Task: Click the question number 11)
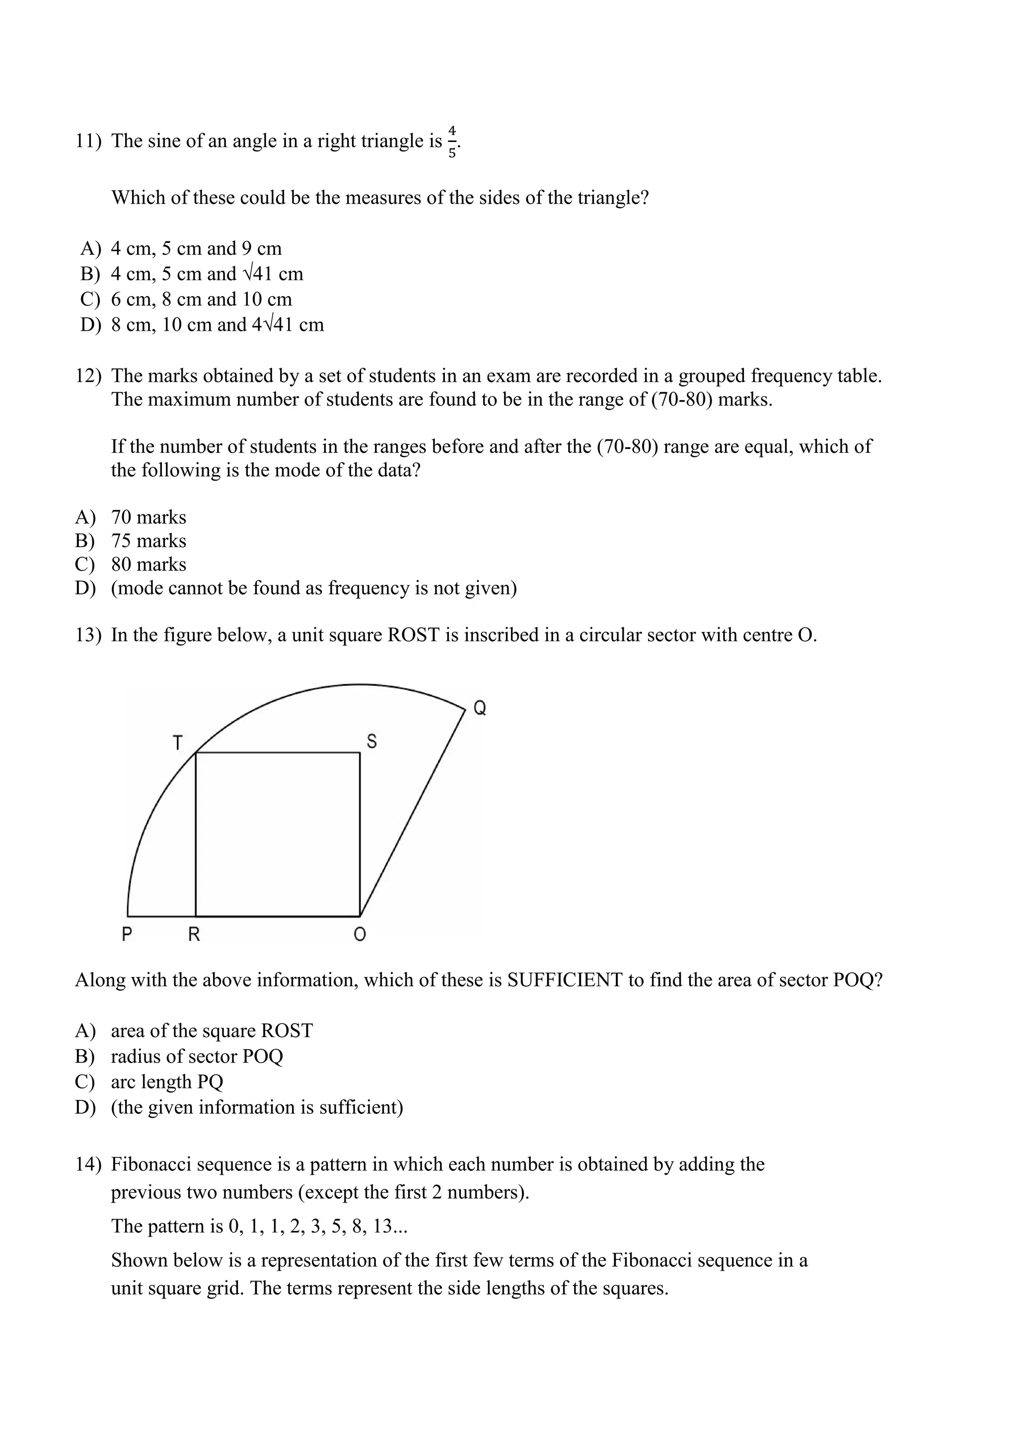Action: pyautogui.click(x=88, y=142)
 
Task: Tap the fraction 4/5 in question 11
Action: pyautogui.click(x=452, y=142)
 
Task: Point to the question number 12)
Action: pyautogui.click(x=88, y=376)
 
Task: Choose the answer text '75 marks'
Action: pyautogui.click(x=148, y=541)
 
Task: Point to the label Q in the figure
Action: pyautogui.click(x=480, y=709)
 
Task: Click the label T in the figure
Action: pyautogui.click(x=178, y=743)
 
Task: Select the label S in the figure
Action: pyautogui.click(x=371, y=741)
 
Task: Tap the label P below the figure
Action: pyautogui.click(x=127, y=935)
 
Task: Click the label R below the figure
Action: pyautogui.click(x=194, y=935)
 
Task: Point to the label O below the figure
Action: pyautogui.click(x=360, y=935)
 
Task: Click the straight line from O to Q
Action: pyautogui.click(x=413, y=812)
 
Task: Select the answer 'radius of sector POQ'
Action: pyautogui.click(x=197, y=1057)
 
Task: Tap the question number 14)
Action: pyautogui.click(x=88, y=1164)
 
